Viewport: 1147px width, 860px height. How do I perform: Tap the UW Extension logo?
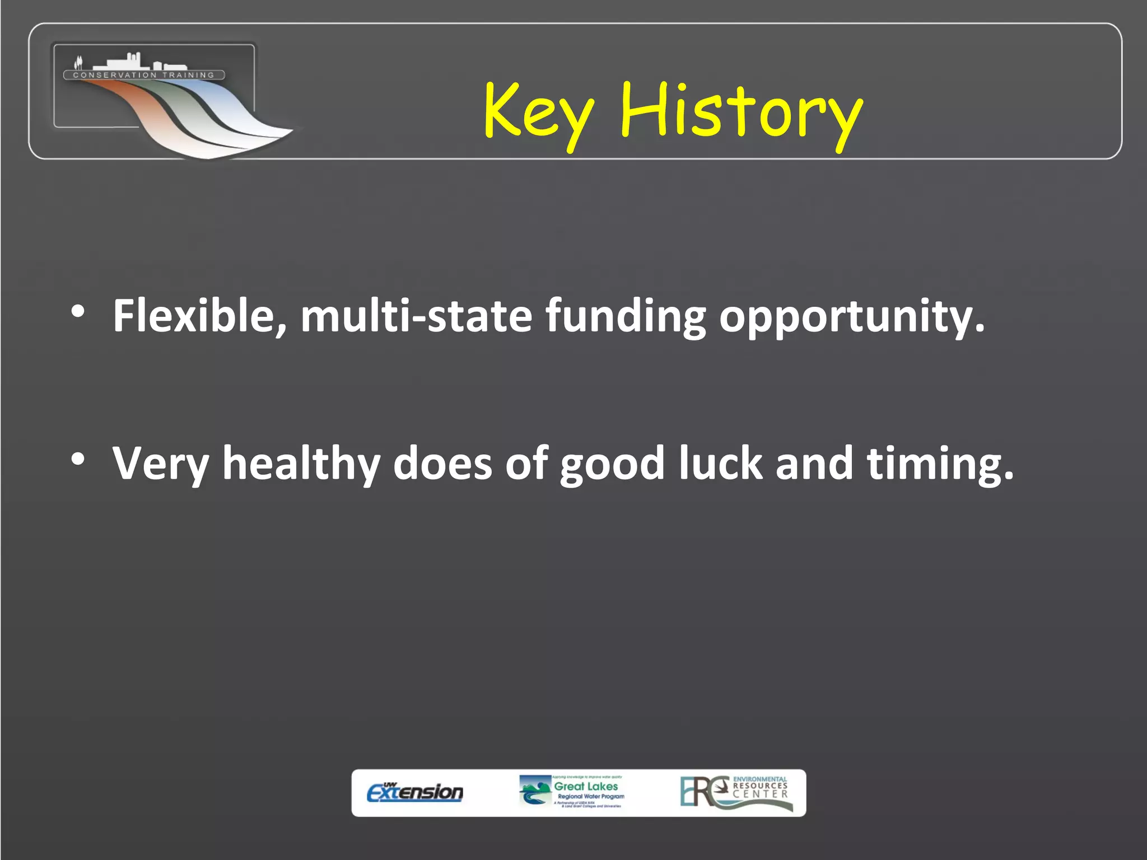click(415, 792)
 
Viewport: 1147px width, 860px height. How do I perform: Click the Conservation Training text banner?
click(144, 75)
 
